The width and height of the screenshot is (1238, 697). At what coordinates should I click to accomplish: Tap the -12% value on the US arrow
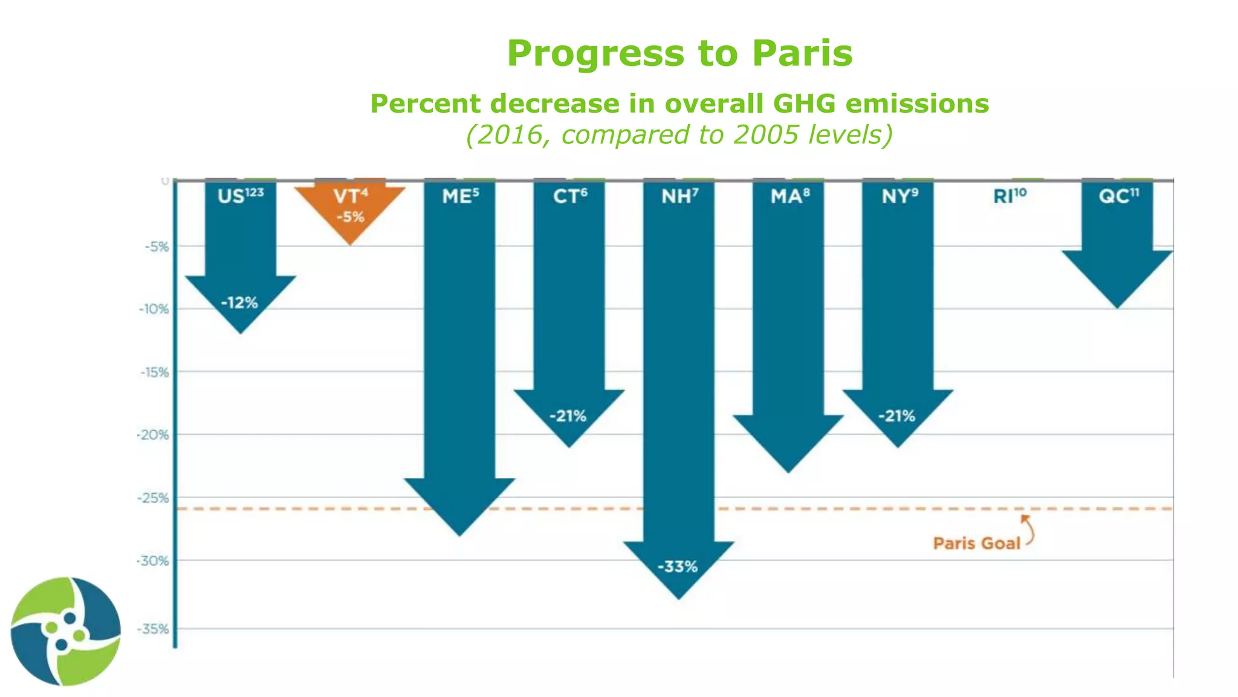point(239,303)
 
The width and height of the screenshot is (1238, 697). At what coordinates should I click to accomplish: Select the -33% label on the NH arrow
point(678,567)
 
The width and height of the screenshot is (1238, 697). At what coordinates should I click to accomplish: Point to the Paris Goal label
point(976,543)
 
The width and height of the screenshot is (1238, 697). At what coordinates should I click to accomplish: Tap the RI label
point(1010,196)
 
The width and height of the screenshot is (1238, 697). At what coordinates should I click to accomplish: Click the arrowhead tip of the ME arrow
point(459,532)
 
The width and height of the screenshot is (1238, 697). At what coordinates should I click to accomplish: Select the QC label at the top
point(1118,196)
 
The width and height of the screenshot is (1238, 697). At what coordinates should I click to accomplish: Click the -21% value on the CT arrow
point(568,416)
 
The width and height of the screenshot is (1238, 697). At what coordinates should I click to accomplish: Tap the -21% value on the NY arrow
point(897,416)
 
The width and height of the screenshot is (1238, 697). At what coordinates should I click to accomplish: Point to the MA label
point(789,196)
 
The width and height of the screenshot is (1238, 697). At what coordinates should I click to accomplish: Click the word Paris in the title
point(802,53)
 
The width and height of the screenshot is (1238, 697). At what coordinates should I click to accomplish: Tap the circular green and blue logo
point(65,631)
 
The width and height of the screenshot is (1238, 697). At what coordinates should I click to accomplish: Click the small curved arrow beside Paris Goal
point(1028,529)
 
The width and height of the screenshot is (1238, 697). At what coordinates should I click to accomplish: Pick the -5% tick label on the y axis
point(156,246)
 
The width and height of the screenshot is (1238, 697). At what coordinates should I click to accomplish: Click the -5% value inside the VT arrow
point(351,217)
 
